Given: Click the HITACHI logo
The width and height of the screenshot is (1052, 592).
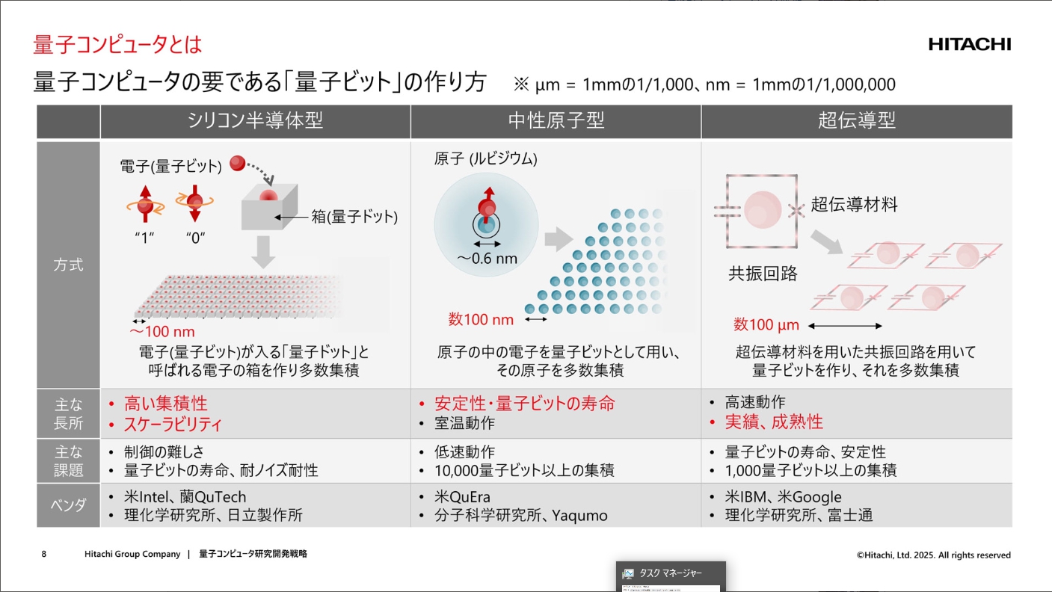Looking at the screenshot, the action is click(x=969, y=44).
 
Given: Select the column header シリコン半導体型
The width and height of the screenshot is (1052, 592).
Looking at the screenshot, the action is click(x=255, y=120).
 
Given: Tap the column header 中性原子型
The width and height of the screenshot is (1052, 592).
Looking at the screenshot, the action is click(x=556, y=120).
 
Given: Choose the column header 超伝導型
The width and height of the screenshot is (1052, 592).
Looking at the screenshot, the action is click(x=857, y=120).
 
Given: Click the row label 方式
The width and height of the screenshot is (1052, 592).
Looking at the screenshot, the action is click(x=68, y=265).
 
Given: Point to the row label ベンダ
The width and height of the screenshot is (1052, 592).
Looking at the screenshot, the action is click(x=68, y=505).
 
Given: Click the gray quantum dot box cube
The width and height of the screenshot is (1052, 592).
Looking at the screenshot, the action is click(x=269, y=206).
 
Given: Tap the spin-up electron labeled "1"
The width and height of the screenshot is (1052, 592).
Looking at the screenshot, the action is click(x=145, y=204).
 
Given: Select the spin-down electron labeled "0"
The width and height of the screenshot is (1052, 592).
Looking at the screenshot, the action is click(x=194, y=203).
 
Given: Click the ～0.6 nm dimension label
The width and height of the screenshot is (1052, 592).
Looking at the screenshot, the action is click(x=487, y=258).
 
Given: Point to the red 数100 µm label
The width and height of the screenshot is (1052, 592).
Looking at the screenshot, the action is click(x=766, y=324).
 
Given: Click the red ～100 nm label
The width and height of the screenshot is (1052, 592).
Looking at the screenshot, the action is click(x=162, y=331).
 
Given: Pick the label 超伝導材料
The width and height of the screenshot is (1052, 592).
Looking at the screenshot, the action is click(x=855, y=204).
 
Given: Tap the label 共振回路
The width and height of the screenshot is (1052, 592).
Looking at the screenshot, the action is click(x=763, y=274).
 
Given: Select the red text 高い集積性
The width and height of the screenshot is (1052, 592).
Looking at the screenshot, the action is click(x=165, y=404).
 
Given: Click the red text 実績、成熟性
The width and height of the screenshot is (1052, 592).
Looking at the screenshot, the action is click(x=774, y=422).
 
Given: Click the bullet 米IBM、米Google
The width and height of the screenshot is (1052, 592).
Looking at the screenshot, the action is click(x=784, y=497).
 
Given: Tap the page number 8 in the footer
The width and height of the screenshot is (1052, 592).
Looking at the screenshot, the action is click(x=43, y=554).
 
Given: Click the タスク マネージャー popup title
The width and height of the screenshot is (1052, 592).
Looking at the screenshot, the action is click(x=670, y=573).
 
